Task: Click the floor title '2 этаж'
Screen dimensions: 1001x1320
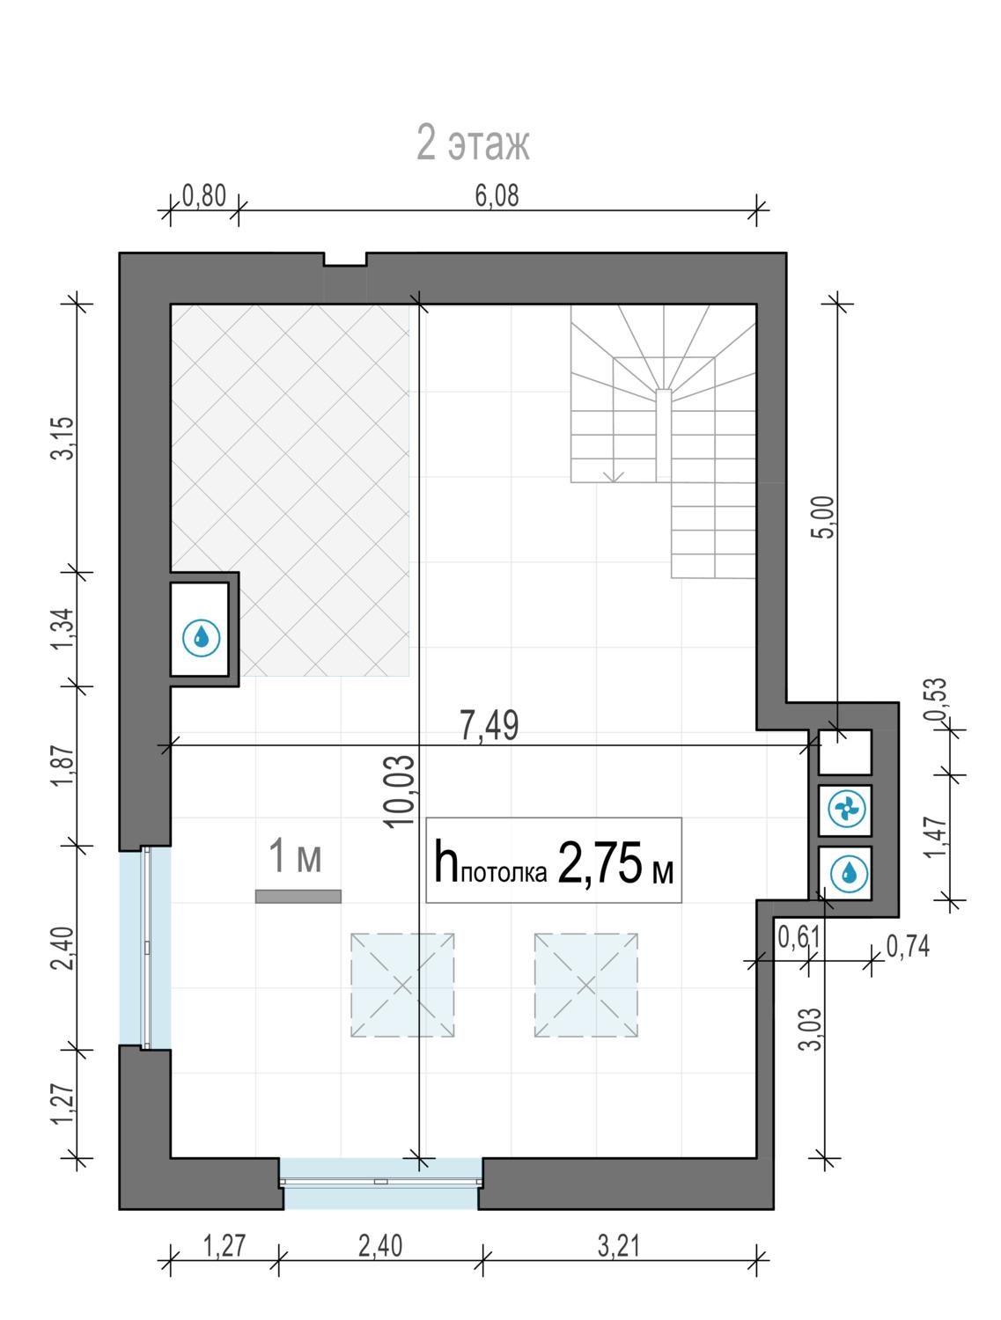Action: pyautogui.click(x=473, y=143)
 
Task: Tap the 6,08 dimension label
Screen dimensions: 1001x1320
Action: pyautogui.click(x=497, y=196)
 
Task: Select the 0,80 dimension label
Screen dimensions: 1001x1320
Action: pyautogui.click(x=204, y=196)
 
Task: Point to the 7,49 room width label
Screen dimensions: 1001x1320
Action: pyautogui.click(x=489, y=726)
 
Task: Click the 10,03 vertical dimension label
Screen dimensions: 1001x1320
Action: pyautogui.click(x=400, y=791)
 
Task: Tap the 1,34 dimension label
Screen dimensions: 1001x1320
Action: pyautogui.click(x=63, y=629)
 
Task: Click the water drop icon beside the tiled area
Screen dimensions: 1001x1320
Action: pyautogui.click(x=201, y=636)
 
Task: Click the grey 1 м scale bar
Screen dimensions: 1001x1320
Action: pyautogui.click(x=298, y=896)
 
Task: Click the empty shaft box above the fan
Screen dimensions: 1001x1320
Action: pyautogui.click(x=844, y=752)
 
